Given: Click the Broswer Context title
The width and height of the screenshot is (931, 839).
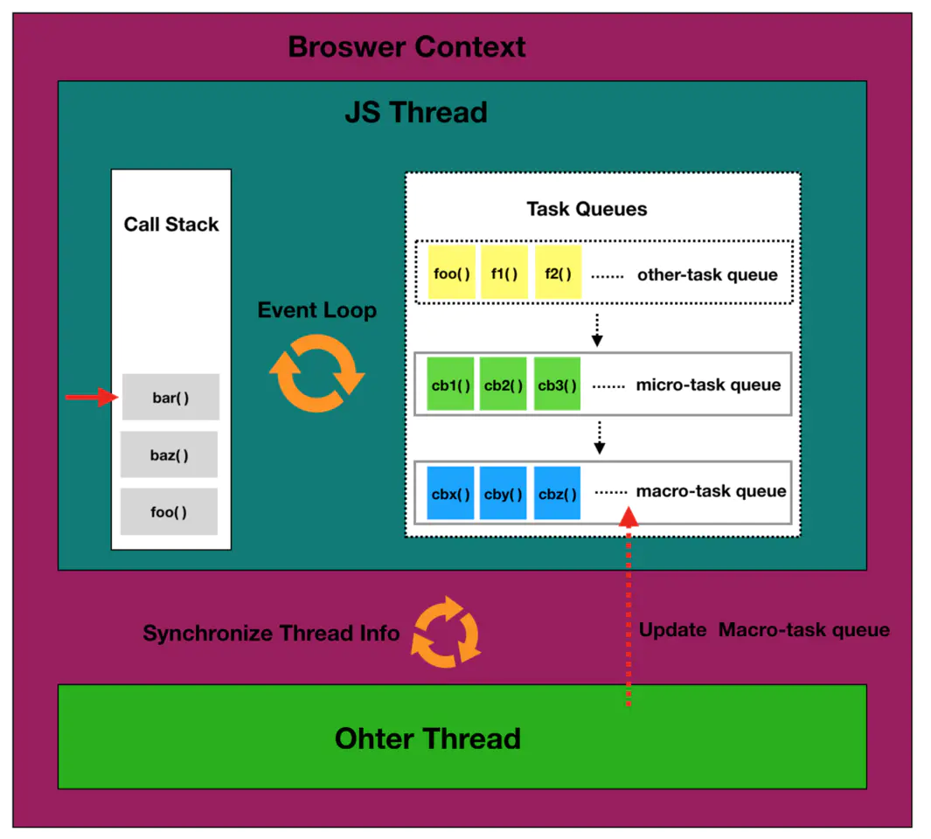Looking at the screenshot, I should point(406,46).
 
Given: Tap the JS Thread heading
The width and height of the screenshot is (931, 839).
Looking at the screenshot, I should point(416,113).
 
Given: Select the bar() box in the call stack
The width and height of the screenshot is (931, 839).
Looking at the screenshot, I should point(170,398).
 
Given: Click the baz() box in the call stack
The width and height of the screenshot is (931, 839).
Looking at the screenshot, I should point(169,454).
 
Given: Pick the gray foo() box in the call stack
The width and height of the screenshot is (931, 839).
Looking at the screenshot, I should point(169,512).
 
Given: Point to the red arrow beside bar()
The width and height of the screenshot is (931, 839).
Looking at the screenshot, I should point(91,398).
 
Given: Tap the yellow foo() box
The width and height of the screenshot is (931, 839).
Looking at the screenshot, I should point(452,274).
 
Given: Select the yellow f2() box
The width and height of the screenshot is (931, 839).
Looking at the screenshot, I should point(558,274).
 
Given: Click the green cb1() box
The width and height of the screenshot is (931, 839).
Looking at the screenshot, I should point(450,385).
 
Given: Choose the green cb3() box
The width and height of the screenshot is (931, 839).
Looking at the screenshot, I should point(557,385).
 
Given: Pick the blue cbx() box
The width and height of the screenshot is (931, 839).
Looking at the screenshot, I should point(450,494).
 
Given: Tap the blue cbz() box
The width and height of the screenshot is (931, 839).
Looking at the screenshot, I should point(557,494).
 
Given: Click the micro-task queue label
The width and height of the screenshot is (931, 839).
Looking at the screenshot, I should point(708,385).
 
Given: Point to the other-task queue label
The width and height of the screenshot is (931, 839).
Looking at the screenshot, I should point(706,274).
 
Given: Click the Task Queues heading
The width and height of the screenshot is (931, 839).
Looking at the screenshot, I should point(587,209).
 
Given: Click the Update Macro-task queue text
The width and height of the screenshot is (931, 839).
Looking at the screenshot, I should point(764,630).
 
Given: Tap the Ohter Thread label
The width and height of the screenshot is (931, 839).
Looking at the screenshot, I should point(427,738).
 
